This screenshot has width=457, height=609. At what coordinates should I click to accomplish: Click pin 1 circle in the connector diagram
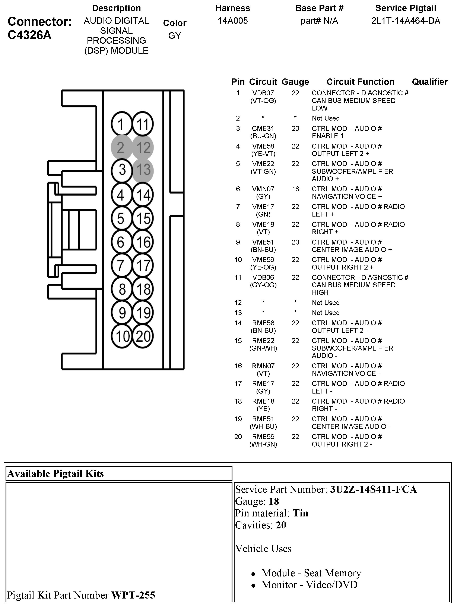[x=121, y=124]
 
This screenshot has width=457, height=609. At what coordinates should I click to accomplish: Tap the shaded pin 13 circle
[x=143, y=170]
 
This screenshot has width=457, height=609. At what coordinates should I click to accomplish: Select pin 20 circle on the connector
[x=143, y=336]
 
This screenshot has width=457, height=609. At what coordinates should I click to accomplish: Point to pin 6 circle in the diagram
[x=121, y=242]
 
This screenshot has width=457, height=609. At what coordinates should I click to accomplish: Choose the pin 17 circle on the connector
[x=143, y=265]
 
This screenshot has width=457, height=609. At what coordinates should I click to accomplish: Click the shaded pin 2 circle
[x=121, y=147]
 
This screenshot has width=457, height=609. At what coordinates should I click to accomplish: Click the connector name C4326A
[x=30, y=35]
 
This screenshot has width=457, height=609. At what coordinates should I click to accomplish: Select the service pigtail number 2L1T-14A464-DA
[x=406, y=21]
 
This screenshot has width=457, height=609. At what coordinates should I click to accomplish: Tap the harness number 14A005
[x=233, y=21]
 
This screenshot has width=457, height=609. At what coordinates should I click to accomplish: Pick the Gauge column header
[x=295, y=82]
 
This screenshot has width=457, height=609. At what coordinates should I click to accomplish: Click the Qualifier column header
[x=429, y=82]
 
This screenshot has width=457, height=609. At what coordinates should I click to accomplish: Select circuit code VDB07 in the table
[x=263, y=93]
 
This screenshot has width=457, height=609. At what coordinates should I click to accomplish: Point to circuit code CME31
[x=263, y=128]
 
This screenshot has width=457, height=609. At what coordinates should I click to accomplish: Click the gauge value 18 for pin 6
[x=295, y=189]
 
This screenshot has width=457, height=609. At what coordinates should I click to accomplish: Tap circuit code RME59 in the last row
[x=263, y=437]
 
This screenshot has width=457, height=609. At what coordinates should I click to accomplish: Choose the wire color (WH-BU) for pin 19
[x=263, y=426]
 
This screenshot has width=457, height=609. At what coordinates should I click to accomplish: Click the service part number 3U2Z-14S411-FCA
[x=373, y=489]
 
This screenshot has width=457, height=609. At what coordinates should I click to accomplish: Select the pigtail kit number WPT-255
[x=133, y=595]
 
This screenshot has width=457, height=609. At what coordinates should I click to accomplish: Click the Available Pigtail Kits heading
[x=55, y=473]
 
